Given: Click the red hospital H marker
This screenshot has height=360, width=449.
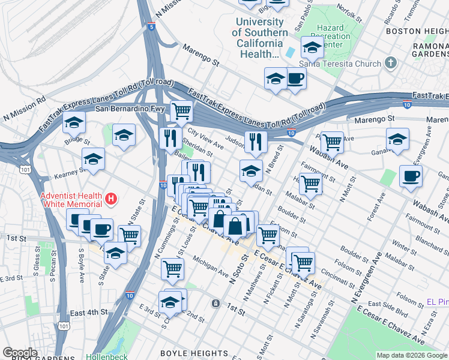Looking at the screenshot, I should coord(110,197).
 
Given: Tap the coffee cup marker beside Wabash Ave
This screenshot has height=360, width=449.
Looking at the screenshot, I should coord(411,176).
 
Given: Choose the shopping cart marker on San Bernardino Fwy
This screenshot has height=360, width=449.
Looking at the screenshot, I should coord(181,110).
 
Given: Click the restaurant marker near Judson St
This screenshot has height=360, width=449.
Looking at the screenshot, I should coord(256,141).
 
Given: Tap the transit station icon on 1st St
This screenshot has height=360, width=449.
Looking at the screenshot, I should coord(215,303).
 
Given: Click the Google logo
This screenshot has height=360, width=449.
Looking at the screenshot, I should coord(20,353).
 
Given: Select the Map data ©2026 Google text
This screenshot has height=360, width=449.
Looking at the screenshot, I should coord(411,355).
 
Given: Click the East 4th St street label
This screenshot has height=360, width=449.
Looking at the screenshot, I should coord(89,313).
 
